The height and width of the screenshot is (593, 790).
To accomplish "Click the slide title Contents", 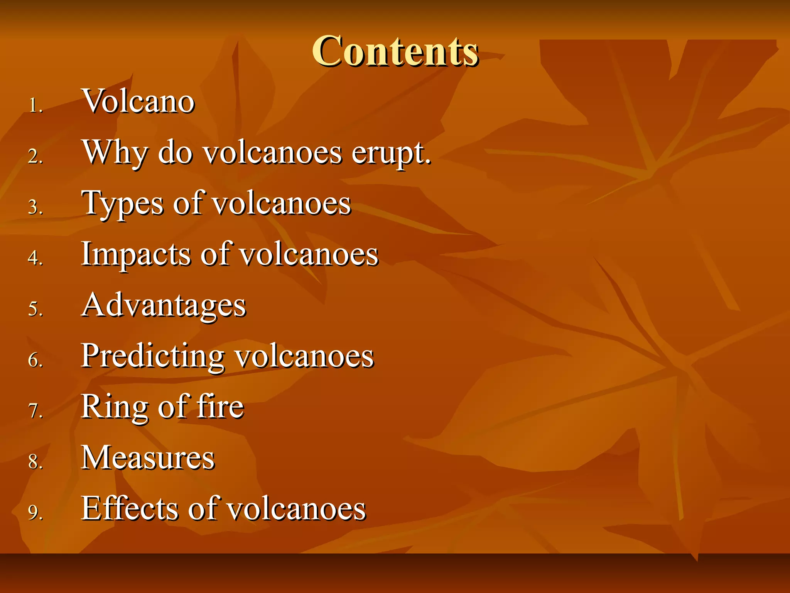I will click(x=395, y=51).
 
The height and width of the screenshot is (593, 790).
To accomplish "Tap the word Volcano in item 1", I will click(x=138, y=101).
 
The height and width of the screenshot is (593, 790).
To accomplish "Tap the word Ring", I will click(x=115, y=407).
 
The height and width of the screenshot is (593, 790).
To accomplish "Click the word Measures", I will click(x=148, y=458).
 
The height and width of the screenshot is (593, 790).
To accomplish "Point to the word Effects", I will click(x=130, y=508).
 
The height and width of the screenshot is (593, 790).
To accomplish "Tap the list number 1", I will click(x=35, y=105).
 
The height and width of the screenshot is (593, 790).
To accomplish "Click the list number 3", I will click(x=35, y=208).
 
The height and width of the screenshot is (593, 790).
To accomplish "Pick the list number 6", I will click(x=35, y=360).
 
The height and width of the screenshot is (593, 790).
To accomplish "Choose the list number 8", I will click(x=35, y=462).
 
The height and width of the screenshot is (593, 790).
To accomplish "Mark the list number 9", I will click(x=35, y=513).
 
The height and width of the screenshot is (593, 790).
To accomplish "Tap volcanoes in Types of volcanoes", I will click(x=282, y=203).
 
